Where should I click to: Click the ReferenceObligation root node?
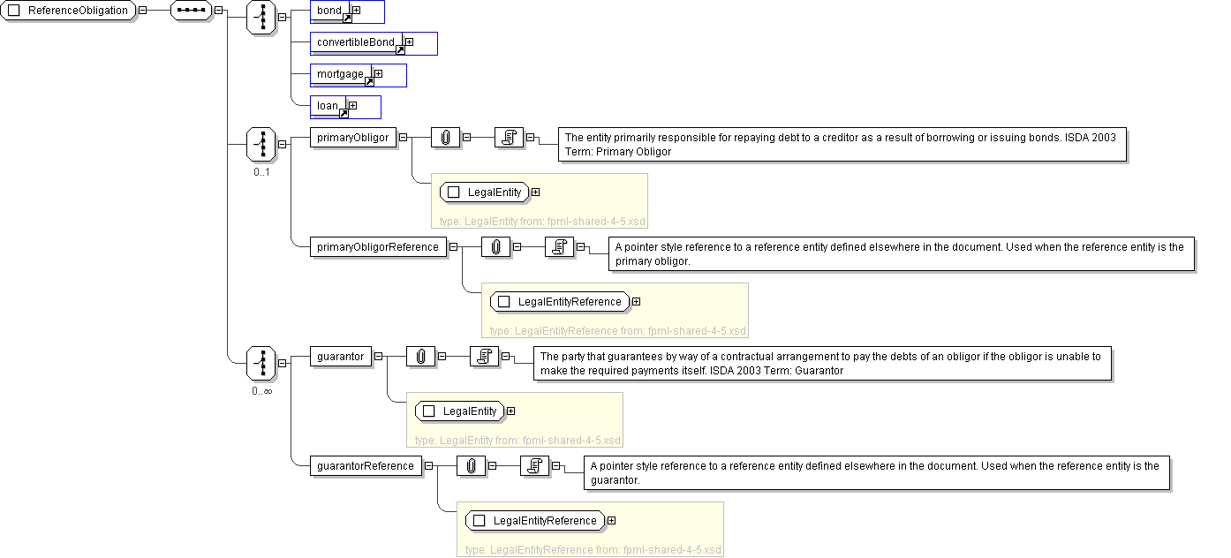click(x=70, y=11)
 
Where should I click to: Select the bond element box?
click(x=330, y=11)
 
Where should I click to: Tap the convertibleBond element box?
click(x=356, y=42)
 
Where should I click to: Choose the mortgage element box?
click(x=341, y=74)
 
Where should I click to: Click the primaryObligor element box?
click(x=352, y=138)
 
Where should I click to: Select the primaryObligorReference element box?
click(x=378, y=247)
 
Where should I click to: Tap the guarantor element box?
click(x=340, y=357)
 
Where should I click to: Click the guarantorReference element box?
click(x=366, y=466)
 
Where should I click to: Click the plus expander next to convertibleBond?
click(x=409, y=42)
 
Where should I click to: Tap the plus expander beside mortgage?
click(x=378, y=74)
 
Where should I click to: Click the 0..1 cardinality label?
click(x=261, y=172)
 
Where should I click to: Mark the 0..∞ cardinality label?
click(x=261, y=391)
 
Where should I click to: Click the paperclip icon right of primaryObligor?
click(x=446, y=138)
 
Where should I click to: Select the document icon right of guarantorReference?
click(x=534, y=466)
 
